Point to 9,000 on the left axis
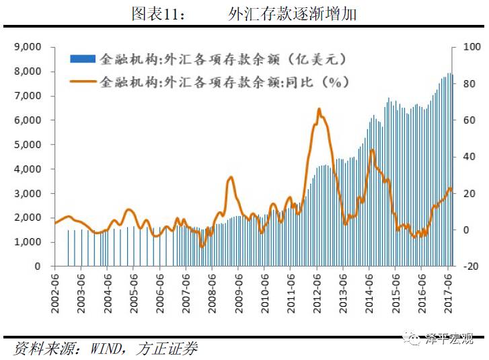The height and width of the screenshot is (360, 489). click(27, 47)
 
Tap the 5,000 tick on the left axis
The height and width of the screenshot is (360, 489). click(27, 145)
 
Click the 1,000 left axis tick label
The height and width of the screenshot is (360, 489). click(27, 242)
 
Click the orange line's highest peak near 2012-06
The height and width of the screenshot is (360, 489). click(319, 109)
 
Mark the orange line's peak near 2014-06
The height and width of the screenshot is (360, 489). click(372, 150)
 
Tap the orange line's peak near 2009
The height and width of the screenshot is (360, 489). click(231, 177)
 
